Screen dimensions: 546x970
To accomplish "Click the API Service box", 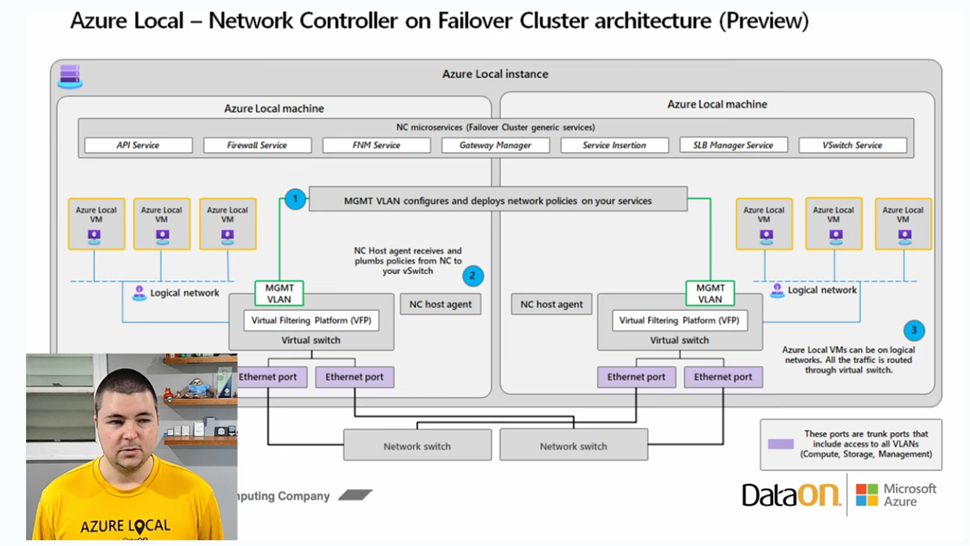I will [x=138, y=146].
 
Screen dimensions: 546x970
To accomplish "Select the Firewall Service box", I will [x=257, y=146].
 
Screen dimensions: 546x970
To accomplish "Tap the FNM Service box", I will [x=376, y=146].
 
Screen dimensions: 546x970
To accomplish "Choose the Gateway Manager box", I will [x=495, y=146].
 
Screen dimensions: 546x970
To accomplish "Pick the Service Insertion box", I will [x=614, y=146].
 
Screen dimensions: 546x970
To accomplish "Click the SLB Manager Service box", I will [x=733, y=146].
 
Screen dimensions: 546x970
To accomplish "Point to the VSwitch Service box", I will [x=852, y=146].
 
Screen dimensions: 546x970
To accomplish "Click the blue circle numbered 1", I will [x=295, y=199].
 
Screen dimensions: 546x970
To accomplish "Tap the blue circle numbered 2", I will [x=473, y=276].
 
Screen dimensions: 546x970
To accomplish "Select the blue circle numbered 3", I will [x=914, y=331].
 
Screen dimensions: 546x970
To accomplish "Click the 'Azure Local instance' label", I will [x=495, y=74].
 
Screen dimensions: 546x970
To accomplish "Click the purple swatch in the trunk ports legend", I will [x=781, y=444].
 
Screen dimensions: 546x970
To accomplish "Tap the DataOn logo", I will [x=791, y=495].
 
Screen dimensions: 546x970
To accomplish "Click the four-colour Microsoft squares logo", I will [x=867, y=495].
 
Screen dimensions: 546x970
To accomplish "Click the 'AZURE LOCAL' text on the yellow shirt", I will [x=125, y=525].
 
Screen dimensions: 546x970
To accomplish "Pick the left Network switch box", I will [x=417, y=446].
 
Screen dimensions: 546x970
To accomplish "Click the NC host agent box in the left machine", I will [x=440, y=305].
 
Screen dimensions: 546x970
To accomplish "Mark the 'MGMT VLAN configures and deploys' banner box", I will [x=498, y=200].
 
